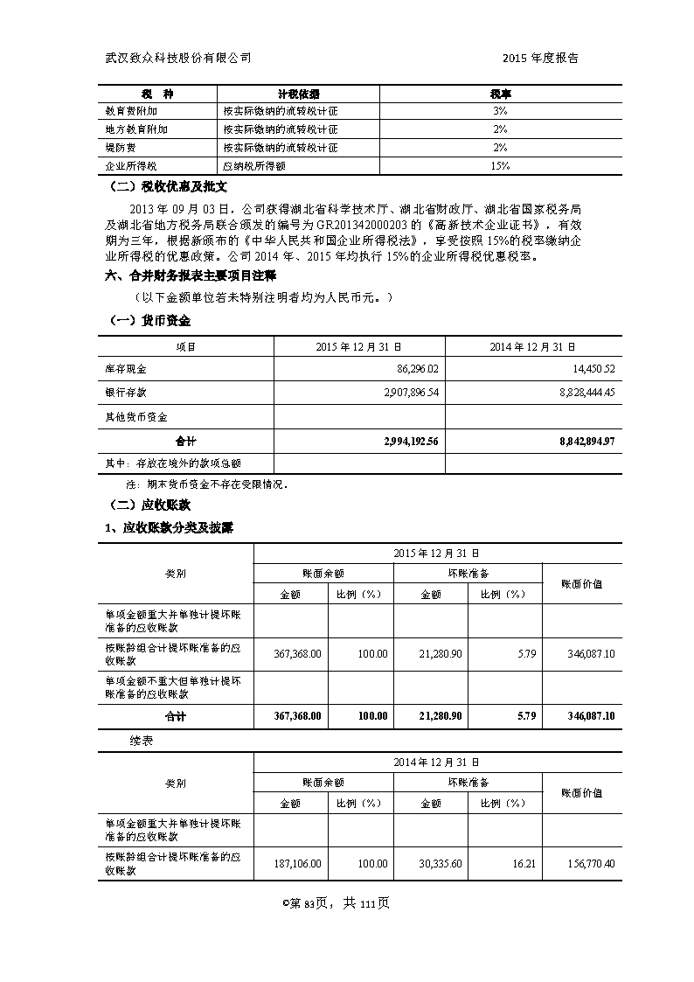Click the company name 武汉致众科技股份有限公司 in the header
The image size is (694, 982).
tap(177, 58)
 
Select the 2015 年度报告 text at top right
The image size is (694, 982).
tap(540, 58)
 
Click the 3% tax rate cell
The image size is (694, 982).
tap(500, 111)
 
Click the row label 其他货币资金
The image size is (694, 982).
tap(136, 417)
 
